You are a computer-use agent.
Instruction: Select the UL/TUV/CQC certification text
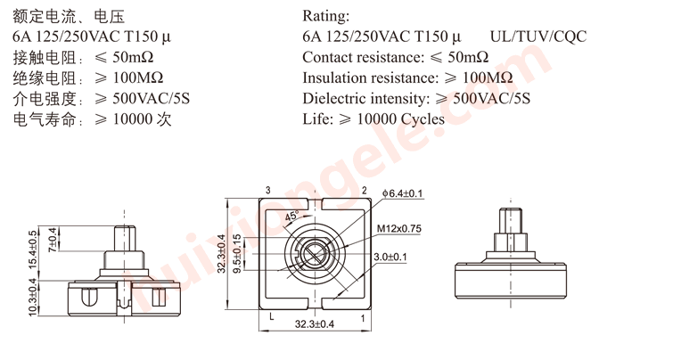click(x=538, y=37)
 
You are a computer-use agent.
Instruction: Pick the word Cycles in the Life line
click(x=423, y=119)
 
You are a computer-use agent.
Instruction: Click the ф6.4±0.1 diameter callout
click(x=402, y=193)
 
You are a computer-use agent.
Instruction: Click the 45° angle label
click(x=291, y=217)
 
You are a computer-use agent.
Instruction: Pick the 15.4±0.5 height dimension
click(x=34, y=250)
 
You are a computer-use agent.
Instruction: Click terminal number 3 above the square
click(x=267, y=191)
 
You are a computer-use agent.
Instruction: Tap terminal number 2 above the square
click(x=363, y=191)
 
